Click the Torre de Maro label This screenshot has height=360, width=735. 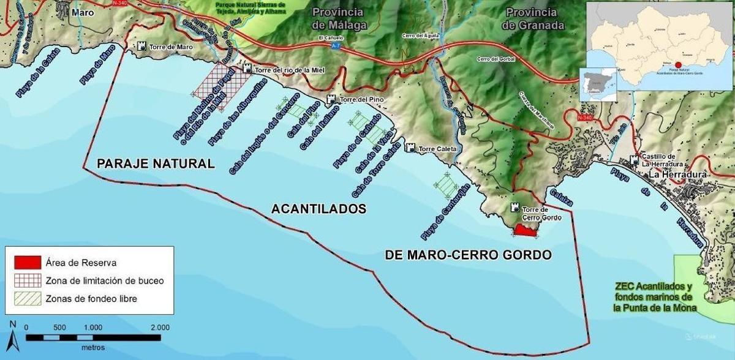point(171,46)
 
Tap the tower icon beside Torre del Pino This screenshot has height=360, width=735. point(331,99)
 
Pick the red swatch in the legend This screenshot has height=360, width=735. point(27,263)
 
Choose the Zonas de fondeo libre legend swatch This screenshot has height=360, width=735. point(27,299)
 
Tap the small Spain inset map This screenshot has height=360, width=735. point(598,85)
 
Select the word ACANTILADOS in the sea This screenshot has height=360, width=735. point(318,209)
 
